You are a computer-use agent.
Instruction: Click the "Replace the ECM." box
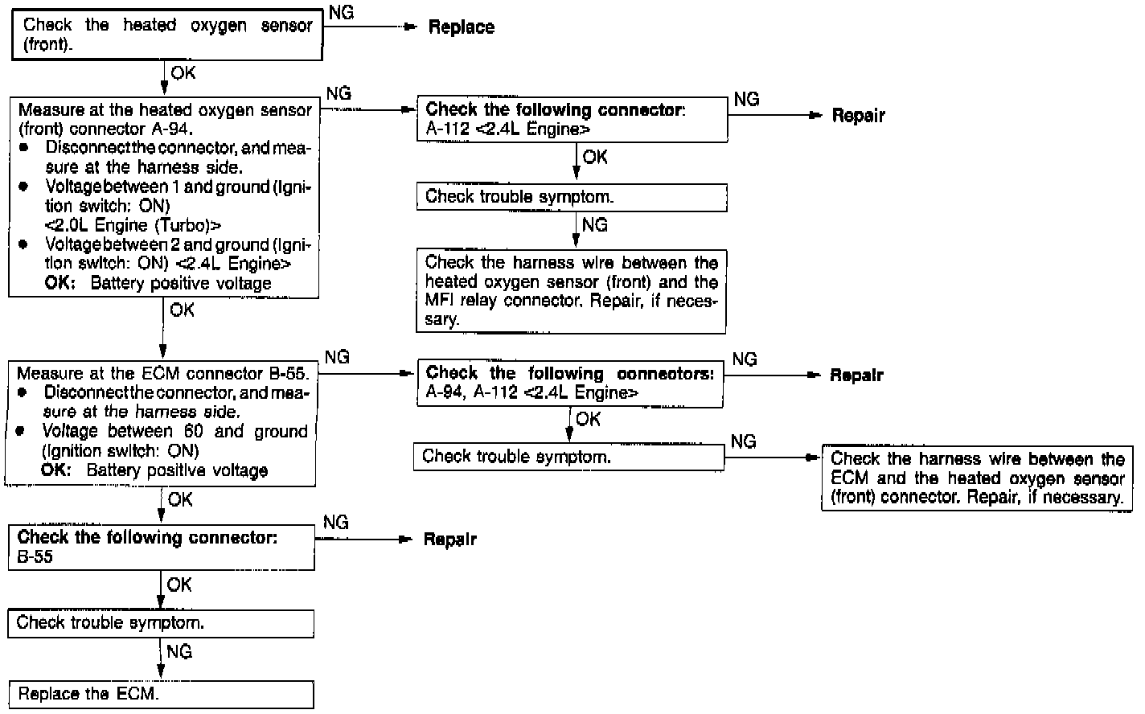160,694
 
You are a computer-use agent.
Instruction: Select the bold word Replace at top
461,27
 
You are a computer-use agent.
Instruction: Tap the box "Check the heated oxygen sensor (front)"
167,35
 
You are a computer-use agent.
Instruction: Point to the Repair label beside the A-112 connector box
858,116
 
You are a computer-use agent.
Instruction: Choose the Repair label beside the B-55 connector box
449,540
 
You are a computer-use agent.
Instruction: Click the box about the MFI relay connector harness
571,291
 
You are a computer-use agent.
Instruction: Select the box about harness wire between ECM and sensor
977,478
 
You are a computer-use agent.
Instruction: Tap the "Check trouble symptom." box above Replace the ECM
160,623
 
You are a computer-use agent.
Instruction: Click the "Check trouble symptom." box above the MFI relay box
571,197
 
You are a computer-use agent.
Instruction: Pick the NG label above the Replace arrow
341,13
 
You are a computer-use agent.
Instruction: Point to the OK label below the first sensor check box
183,73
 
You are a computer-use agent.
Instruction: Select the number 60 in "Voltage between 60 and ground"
193,432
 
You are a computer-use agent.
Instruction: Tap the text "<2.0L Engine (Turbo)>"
133,225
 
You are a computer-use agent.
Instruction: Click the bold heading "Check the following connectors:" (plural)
569,373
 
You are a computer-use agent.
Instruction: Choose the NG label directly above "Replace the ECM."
179,651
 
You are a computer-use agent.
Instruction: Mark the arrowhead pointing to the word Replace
412,27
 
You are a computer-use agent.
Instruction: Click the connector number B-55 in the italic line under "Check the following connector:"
35,557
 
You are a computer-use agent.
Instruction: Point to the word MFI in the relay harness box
441,301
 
